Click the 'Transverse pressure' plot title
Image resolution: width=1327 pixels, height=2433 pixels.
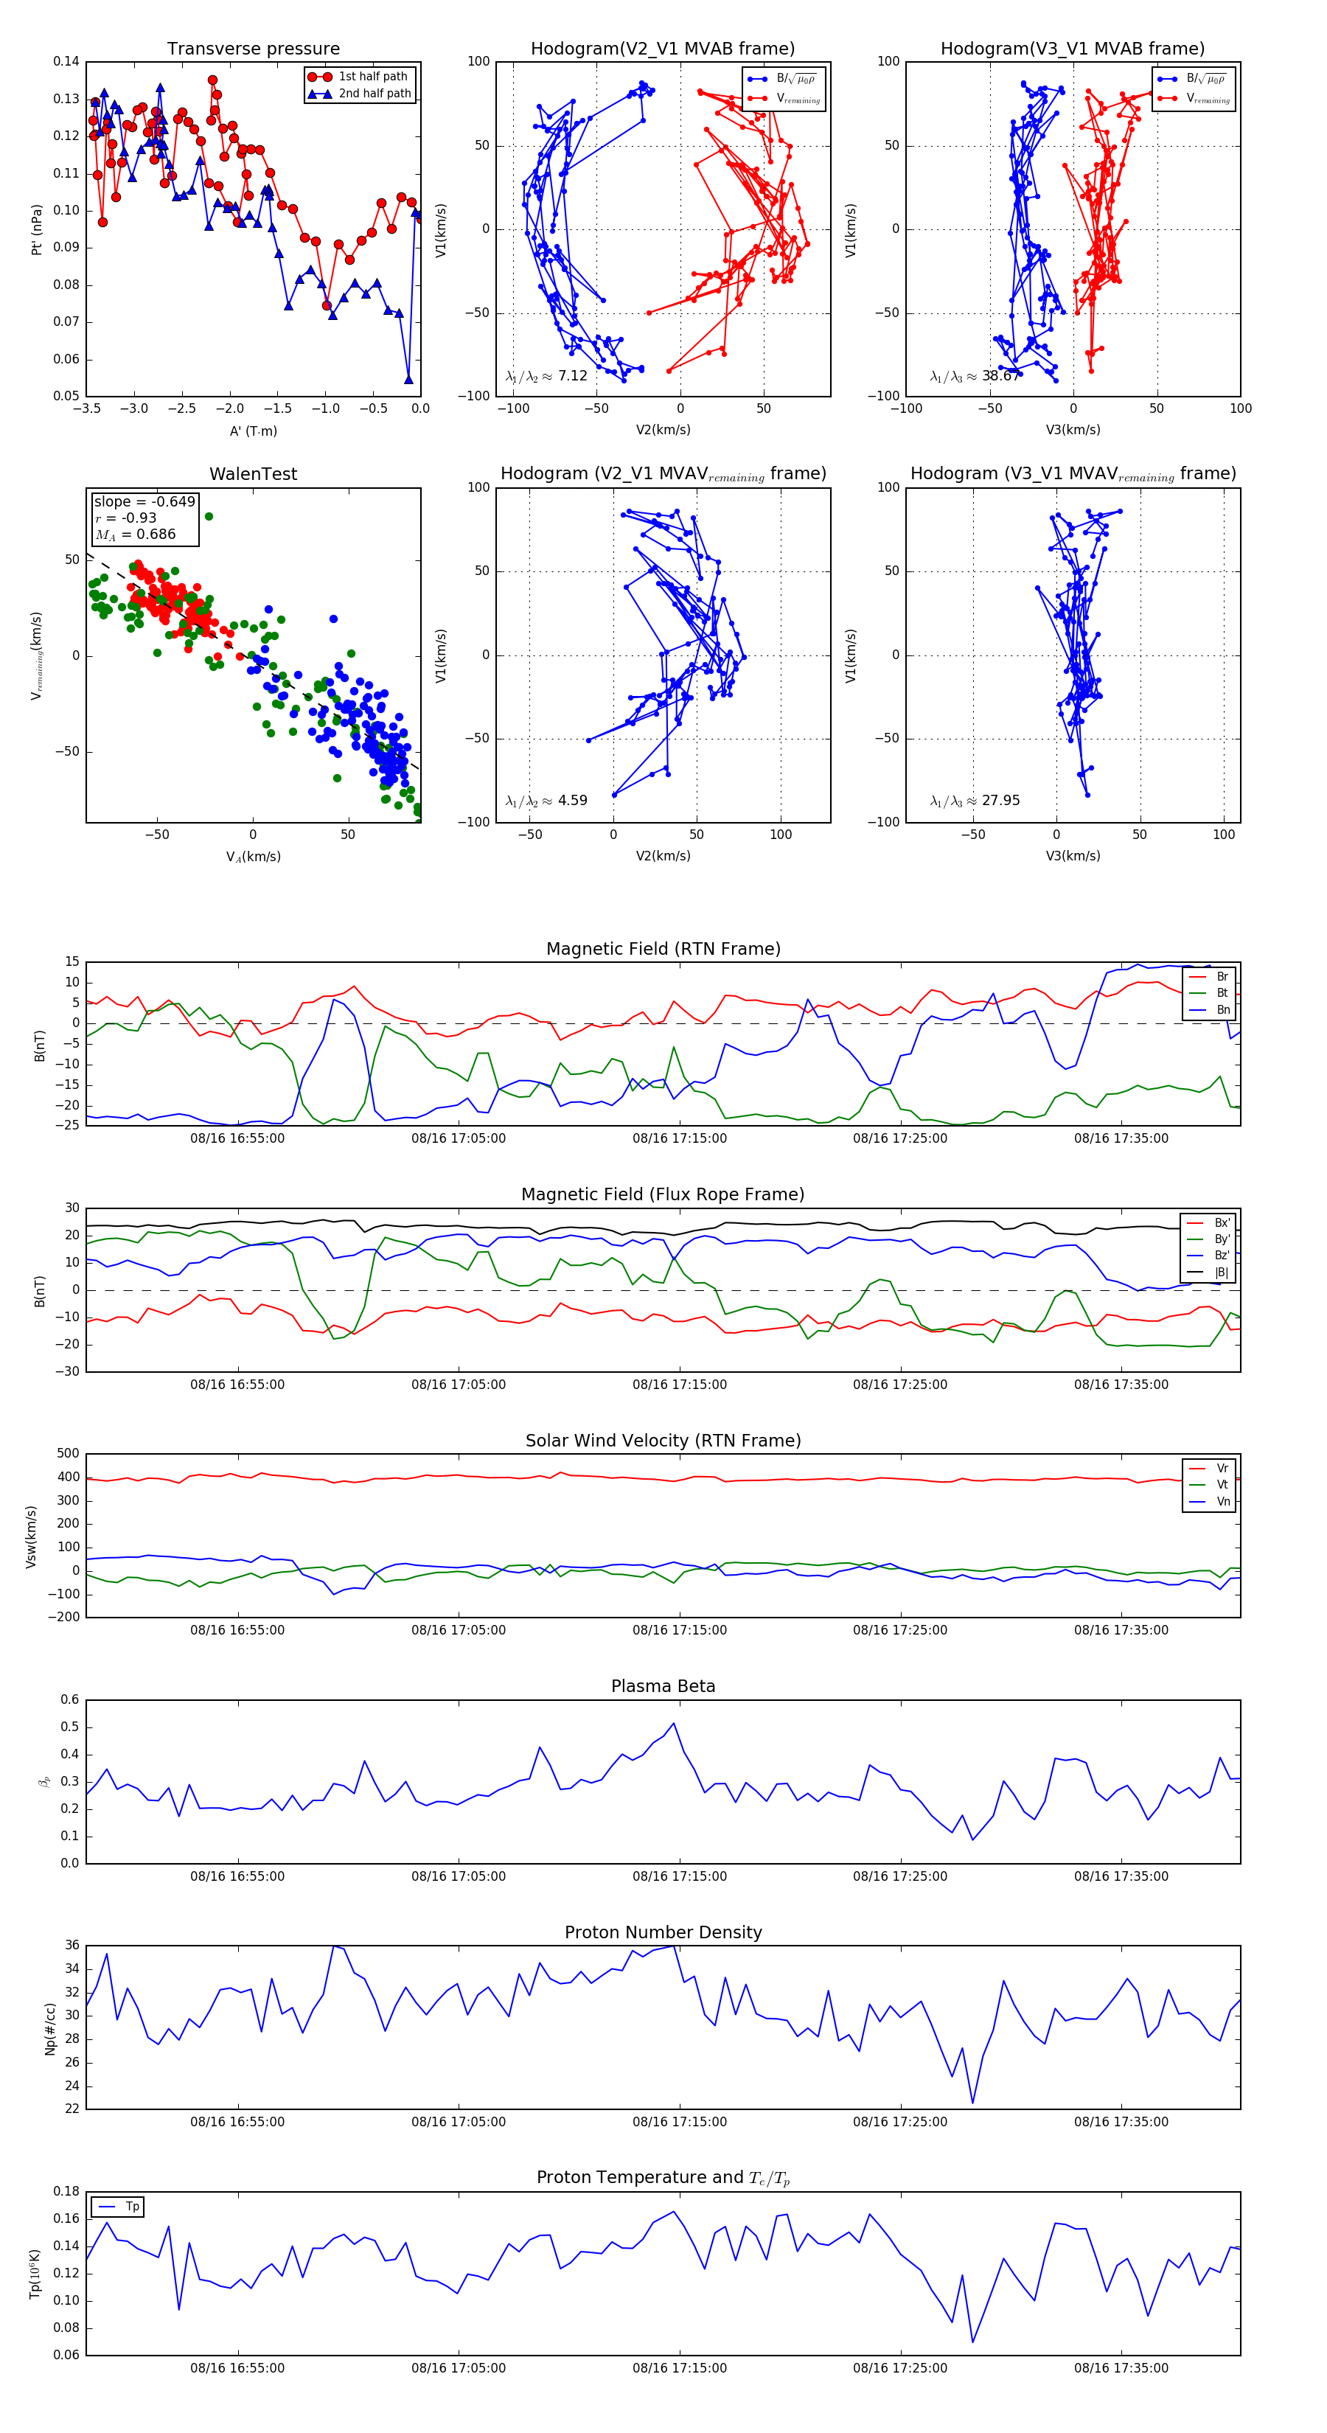(253, 49)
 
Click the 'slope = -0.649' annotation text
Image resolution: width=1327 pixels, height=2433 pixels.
(144, 501)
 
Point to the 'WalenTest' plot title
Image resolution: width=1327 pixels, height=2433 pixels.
(253, 474)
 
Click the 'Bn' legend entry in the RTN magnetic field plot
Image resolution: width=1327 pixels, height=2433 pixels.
(1222, 1009)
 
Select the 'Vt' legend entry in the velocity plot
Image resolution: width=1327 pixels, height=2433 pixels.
(1222, 1485)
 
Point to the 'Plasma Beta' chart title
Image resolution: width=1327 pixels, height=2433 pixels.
(663, 1687)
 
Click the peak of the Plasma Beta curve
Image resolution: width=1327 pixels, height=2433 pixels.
(673, 1724)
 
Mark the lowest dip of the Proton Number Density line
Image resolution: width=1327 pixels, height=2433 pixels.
(973, 2103)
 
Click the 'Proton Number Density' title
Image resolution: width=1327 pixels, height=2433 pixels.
(663, 1932)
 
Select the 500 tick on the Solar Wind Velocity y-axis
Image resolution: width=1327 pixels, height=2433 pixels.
(68, 1454)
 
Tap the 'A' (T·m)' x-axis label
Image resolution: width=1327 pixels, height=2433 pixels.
(253, 431)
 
